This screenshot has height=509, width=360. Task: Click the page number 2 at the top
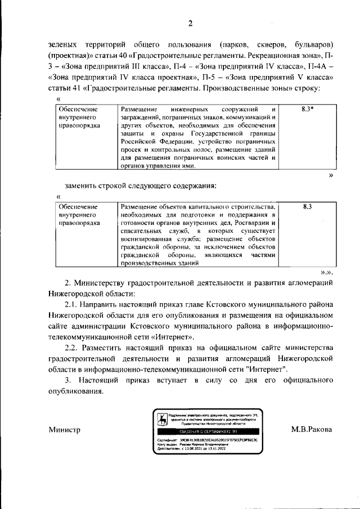pos(190,23)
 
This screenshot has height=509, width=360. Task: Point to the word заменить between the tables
pos(81,186)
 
